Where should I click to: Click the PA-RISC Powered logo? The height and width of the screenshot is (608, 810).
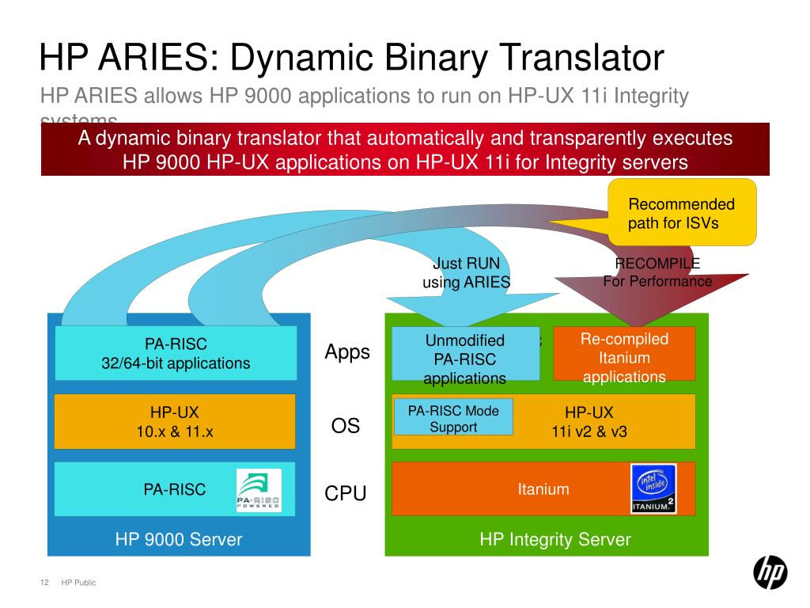pyautogui.click(x=259, y=490)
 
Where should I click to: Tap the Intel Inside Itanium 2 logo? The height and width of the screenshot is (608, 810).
pyautogui.click(x=653, y=488)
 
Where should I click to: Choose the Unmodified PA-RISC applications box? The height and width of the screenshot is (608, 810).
pyautogui.click(x=464, y=359)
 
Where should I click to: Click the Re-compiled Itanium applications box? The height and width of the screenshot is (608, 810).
pyautogui.click(x=624, y=358)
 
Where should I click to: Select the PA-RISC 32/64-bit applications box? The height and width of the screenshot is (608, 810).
pyautogui.click(x=176, y=354)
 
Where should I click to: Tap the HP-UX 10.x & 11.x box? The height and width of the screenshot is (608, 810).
pyautogui.click(x=175, y=421)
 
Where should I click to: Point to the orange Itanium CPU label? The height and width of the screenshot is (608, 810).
pyautogui.click(x=543, y=488)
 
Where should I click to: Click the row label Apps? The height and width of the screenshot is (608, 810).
pyautogui.click(x=347, y=352)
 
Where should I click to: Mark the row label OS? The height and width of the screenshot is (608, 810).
pyautogui.click(x=346, y=426)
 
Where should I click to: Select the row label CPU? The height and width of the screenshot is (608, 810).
pyautogui.click(x=346, y=494)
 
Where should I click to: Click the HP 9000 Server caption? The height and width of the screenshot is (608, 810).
pyautogui.click(x=178, y=540)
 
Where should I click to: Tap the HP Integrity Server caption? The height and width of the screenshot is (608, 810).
pyautogui.click(x=555, y=540)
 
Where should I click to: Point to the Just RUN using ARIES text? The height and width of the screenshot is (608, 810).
pyautogui.click(x=466, y=273)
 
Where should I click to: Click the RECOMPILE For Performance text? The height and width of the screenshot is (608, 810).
pyautogui.click(x=657, y=272)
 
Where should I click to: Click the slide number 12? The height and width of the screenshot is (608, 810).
pyautogui.click(x=44, y=583)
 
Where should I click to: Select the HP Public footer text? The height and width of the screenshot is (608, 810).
pyautogui.click(x=78, y=583)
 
